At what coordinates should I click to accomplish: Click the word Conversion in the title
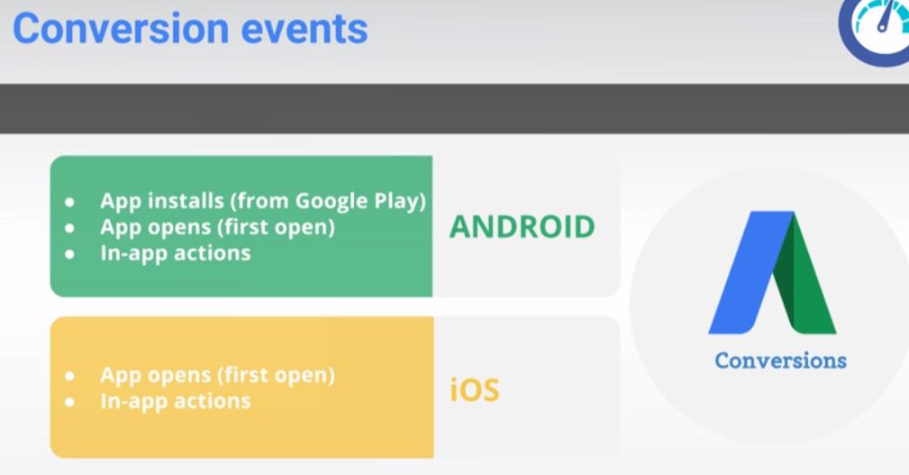point(121,29)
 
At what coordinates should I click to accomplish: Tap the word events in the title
point(305,29)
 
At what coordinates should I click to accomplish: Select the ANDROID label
point(522,227)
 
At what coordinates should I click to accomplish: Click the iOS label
point(474,389)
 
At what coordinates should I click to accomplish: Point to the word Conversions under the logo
point(780,361)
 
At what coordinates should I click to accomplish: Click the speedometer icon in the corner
point(876,29)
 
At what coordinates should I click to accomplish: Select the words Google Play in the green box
point(360,201)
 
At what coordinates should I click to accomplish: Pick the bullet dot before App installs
point(69,203)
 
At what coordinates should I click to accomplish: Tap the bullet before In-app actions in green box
point(69,254)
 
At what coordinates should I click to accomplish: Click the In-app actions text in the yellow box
point(176,401)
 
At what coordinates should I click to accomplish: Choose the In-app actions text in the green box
point(176,253)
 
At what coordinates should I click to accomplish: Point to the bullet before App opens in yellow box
point(69,377)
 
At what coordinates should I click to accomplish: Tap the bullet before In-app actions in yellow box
point(69,402)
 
